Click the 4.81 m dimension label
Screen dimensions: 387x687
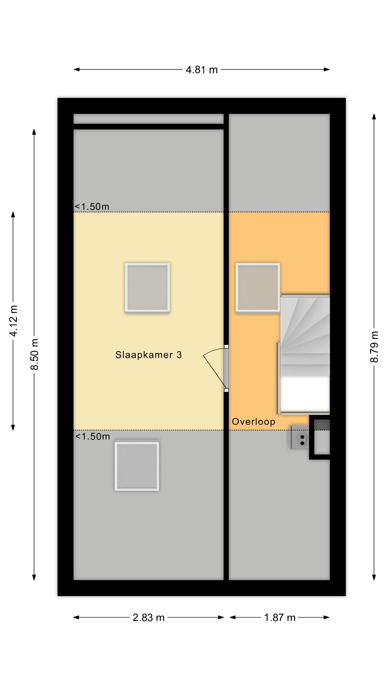[x=202, y=70]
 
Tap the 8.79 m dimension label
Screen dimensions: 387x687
[x=374, y=347]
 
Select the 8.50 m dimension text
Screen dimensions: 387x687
[x=34, y=354]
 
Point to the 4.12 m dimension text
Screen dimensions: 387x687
[x=13, y=321]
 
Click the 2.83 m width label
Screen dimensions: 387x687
[x=149, y=618]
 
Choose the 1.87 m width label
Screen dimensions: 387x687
[x=280, y=618]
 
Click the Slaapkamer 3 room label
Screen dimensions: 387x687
[x=149, y=355]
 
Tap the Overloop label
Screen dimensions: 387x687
[x=254, y=422]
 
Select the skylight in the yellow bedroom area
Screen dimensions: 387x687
[x=147, y=288]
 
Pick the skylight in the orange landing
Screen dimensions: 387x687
[x=258, y=288]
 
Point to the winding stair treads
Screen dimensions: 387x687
[x=305, y=335]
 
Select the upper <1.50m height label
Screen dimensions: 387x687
[x=92, y=207]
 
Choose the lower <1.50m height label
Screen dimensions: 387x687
[x=93, y=436]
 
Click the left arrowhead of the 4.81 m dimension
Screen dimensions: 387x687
[x=76, y=70]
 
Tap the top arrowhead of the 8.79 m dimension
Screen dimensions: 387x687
[x=374, y=117]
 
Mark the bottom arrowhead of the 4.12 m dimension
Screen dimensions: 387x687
[x=13, y=427]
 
